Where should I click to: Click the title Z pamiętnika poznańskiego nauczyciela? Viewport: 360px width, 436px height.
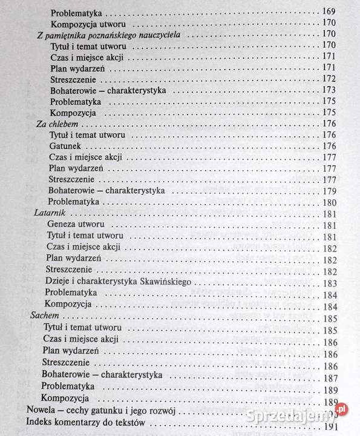pyautogui.click(x=110, y=35)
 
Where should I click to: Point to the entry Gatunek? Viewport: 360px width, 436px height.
pyautogui.click(x=65, y=146)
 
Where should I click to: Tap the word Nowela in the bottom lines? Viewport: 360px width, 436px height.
pyautogui.click(x=42, y=411)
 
